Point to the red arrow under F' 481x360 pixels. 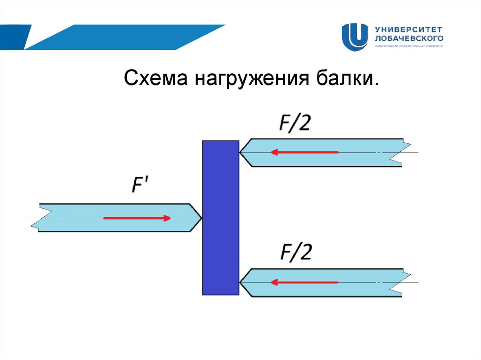(x=137, y=218)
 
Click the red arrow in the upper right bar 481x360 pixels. (x=304, y=153)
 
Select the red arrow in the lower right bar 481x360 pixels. (x=304, y=282)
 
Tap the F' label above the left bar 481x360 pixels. (x=139, y=185)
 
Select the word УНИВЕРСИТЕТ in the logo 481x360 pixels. (x=408, y=29)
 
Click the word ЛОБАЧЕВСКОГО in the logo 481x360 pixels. (x=409, y=38)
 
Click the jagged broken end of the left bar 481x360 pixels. (x=41, y=218)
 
